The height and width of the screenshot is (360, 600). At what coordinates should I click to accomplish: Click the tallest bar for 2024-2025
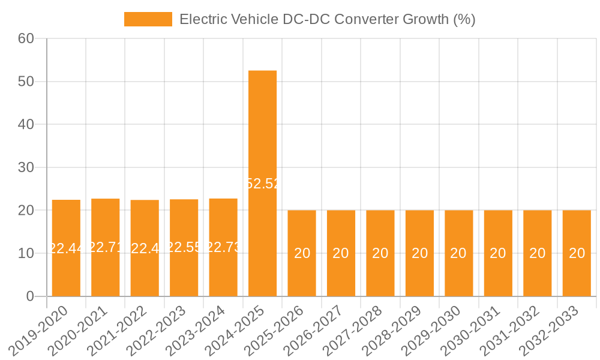point(262,183)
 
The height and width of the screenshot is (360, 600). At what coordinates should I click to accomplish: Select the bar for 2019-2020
point(66,248)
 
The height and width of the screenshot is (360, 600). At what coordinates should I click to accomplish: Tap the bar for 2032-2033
point(577,253)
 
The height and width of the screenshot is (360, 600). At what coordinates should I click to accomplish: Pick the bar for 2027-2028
point(380,253)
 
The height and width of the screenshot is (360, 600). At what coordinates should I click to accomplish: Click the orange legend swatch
point(148,19)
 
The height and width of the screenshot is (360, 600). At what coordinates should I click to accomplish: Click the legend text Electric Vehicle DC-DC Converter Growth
point(327,19)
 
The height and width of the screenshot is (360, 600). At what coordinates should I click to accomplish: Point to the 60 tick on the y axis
point(26,38)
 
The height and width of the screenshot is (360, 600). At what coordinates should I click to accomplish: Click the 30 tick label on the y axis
point(26,167)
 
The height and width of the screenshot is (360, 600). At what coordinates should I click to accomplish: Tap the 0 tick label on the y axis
point(30,296)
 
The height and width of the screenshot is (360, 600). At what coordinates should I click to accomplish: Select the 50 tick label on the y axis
point(26,82)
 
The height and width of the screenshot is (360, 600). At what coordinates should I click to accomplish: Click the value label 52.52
point(262,184)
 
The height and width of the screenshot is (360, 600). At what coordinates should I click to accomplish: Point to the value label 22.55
point(184,247)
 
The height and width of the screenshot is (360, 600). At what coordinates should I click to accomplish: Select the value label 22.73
point(223,247)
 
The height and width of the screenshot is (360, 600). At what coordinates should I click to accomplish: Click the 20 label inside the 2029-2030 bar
point(458,253)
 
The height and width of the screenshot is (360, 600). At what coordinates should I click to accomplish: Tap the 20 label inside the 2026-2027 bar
point(341,253)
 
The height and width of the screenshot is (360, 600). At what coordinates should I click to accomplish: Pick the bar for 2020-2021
point(106,247)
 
